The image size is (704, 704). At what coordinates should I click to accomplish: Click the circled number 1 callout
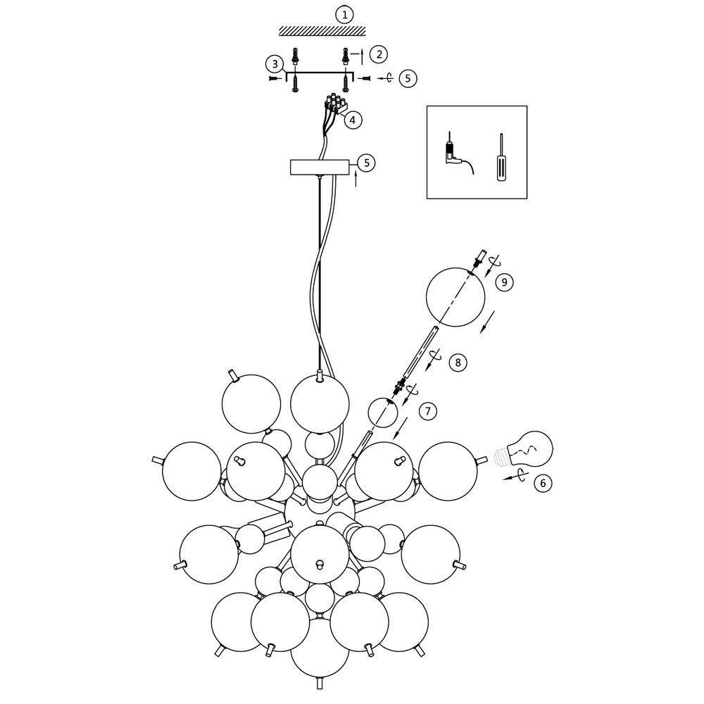344,14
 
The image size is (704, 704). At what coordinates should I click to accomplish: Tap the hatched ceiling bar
322,31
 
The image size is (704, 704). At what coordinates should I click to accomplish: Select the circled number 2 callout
379,54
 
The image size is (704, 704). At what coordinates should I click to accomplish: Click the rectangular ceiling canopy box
320,168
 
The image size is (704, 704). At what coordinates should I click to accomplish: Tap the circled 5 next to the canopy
366,163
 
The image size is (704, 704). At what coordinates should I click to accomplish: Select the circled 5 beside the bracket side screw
408,77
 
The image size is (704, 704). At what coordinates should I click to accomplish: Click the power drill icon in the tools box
450,153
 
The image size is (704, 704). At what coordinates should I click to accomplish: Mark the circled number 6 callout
542,483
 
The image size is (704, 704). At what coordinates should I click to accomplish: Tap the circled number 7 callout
427,410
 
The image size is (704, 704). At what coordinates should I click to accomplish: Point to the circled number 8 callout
458,363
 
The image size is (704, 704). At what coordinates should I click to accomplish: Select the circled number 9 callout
504,282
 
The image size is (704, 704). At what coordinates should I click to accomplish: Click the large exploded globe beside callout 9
456,298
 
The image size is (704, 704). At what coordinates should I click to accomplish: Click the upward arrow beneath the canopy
356,179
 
